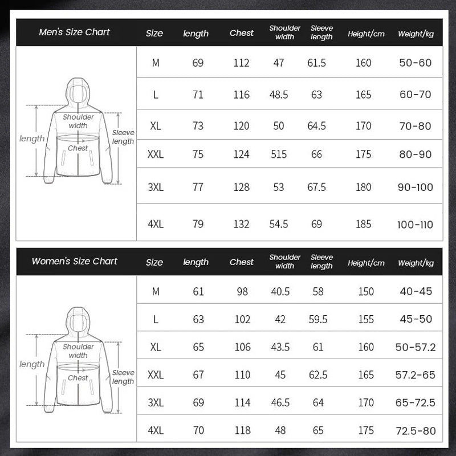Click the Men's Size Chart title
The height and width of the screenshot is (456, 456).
click(74, 32)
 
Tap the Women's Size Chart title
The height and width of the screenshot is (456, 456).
click(74, 262)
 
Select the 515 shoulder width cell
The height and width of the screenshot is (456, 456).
click(279, 154)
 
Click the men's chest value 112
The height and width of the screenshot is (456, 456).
click(241, 63)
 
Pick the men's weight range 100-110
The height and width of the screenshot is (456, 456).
click(415, 225)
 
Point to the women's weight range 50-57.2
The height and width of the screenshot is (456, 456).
click(415, 347)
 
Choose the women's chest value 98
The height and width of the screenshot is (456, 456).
click(242, 292)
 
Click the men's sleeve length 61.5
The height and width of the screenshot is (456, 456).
click(317, 63)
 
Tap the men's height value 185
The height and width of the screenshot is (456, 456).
click(364, 225)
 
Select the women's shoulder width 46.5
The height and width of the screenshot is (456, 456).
click(280, 402)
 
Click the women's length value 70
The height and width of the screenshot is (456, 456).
click(198, 430)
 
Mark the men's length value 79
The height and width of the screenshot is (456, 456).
click(198, 225)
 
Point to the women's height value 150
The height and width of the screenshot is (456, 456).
click(366, 292)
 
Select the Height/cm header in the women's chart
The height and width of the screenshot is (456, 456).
click(366, 263)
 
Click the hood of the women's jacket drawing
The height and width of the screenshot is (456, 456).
click(78, 320)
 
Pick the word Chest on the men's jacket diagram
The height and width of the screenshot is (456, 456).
click(78, 148)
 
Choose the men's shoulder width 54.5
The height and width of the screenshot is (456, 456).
click(279, 225)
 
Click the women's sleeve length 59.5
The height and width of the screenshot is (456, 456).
click(318, 319)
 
